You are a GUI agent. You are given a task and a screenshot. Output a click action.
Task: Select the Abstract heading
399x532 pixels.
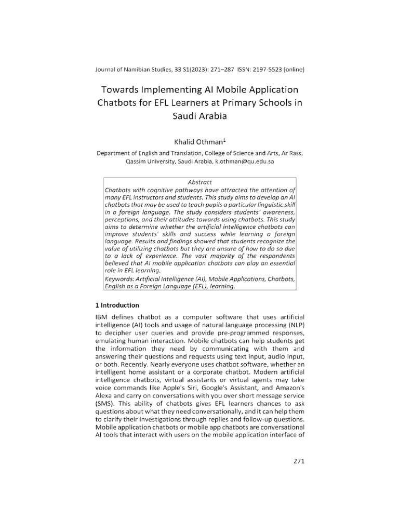click(199, 182)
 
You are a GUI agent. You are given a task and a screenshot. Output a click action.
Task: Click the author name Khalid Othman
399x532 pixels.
click(198, 141)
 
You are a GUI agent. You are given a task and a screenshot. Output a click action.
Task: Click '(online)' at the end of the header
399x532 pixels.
click(292, 69)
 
